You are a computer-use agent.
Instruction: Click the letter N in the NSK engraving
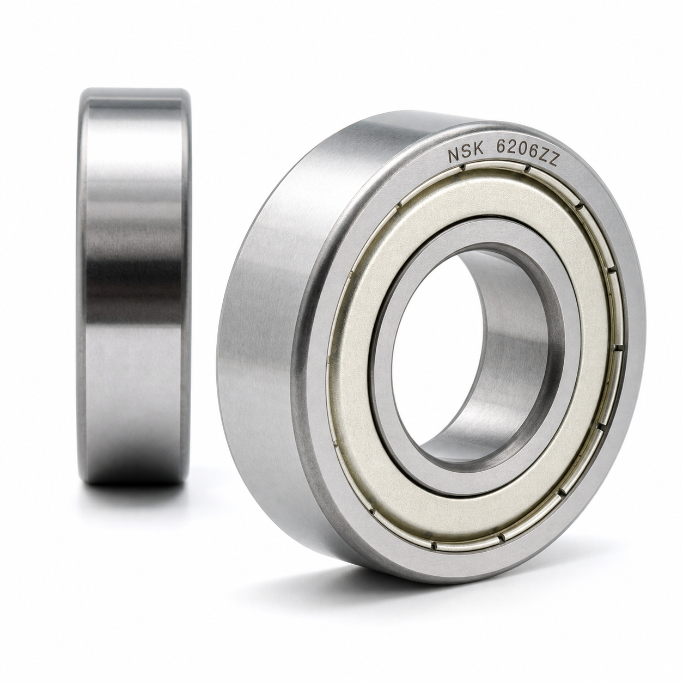(454, 155)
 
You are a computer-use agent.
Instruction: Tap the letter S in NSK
(466, 153)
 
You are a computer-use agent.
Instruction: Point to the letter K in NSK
(478, 151)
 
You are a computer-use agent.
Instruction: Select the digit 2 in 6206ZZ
(511, 150)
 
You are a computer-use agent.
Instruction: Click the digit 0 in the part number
(522, 151)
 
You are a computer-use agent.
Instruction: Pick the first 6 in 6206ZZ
(501, 149)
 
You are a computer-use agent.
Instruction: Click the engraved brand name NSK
(466, 153)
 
